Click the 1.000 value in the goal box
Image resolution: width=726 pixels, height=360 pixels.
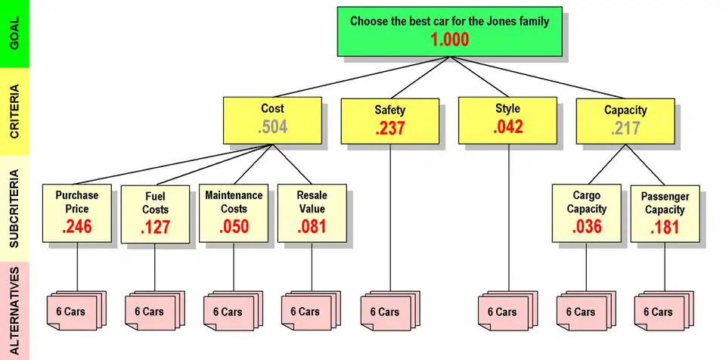[x=450, y=40]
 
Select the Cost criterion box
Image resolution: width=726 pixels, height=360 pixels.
[x=272, y=119]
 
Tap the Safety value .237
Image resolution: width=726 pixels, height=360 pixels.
[x=390, y=129]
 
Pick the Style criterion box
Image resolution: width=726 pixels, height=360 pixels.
[x=507, y=119]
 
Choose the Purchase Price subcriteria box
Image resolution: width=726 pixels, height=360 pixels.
[x=76, y=214]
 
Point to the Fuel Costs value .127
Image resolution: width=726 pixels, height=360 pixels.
[x=156, y=227]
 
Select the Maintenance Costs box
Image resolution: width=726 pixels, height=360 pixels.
[x=234, y=214]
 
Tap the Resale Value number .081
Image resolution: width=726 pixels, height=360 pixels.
[x=312, y=226]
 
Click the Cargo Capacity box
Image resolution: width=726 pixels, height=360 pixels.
[x=587, y=214]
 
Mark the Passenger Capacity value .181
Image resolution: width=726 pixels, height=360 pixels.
[x=665, y=227]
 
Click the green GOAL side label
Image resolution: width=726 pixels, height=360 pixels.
[x=14, y=33]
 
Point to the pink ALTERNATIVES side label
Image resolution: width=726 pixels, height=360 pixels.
[x=14, y=310]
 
